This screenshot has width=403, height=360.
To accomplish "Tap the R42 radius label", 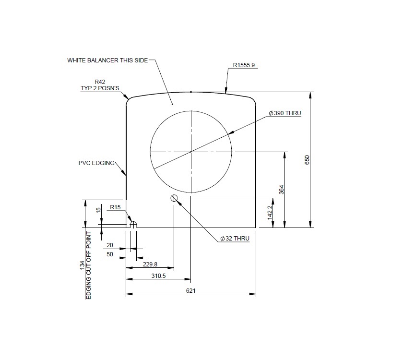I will (99, 82).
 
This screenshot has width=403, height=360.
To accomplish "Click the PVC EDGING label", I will (96, 163).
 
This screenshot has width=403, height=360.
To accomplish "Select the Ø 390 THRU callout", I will (285, 113).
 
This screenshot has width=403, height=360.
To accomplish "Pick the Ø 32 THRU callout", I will (235, 239).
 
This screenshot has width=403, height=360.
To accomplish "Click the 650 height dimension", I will (308, 160).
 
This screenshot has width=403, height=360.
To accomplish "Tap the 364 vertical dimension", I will (282, 190).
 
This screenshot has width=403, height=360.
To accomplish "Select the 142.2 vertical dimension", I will (270, 213).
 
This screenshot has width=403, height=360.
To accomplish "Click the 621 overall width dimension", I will (191, 291).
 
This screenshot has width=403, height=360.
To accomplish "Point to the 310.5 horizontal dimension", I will (158, 276).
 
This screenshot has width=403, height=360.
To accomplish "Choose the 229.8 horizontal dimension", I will (150, 264).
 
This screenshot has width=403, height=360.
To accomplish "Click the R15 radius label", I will (115, 207).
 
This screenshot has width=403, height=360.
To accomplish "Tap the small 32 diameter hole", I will (174, 198).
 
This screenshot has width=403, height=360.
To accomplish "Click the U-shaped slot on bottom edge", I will (133, 225).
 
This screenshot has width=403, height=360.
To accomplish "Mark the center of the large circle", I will (191, 152).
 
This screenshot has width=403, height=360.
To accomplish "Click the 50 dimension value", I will (110, 254).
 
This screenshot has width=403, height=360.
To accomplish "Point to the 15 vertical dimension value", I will (98, 210).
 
